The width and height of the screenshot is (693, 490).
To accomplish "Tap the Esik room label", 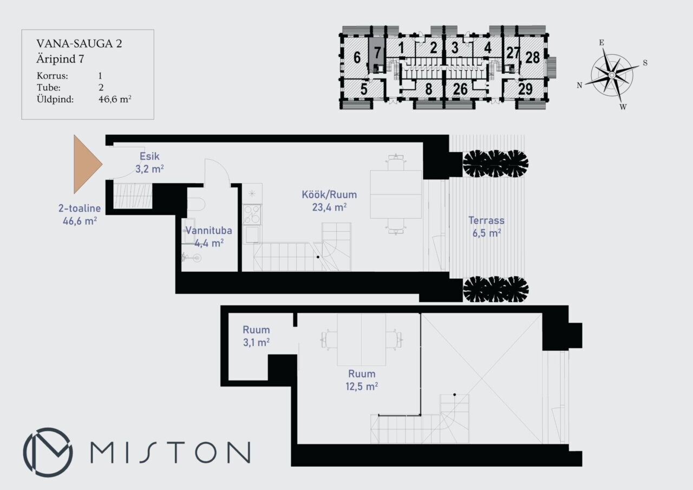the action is [149, 156].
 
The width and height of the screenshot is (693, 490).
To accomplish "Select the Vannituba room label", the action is [208, 231].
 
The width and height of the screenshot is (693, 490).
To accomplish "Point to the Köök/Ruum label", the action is [329, 194].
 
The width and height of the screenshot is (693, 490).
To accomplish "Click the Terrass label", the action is [486, 220].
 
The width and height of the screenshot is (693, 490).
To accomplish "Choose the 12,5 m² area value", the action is [362, 387].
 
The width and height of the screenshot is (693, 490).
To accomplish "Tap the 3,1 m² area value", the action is [256, 342].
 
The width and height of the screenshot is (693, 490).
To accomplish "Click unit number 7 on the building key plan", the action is [377, 53].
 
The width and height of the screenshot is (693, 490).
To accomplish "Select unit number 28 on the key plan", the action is [532, 57].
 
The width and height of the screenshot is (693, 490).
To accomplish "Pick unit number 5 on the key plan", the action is [364, 89].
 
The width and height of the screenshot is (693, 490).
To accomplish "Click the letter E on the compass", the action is [602, 43].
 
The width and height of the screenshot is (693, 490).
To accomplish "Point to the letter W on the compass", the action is [623, 107].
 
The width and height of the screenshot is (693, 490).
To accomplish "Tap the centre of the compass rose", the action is [612, 75].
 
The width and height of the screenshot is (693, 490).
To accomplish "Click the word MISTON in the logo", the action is [170, 452].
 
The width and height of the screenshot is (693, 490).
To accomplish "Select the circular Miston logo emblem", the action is [48, 452].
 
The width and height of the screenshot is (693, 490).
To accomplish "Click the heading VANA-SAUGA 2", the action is [79, 44].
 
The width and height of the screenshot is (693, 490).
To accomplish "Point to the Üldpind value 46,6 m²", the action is [115, 99].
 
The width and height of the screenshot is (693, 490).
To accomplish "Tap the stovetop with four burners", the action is [252, 214].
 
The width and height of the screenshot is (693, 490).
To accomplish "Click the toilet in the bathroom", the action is [196, 204].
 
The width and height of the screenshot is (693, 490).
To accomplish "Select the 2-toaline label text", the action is [80, 208].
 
